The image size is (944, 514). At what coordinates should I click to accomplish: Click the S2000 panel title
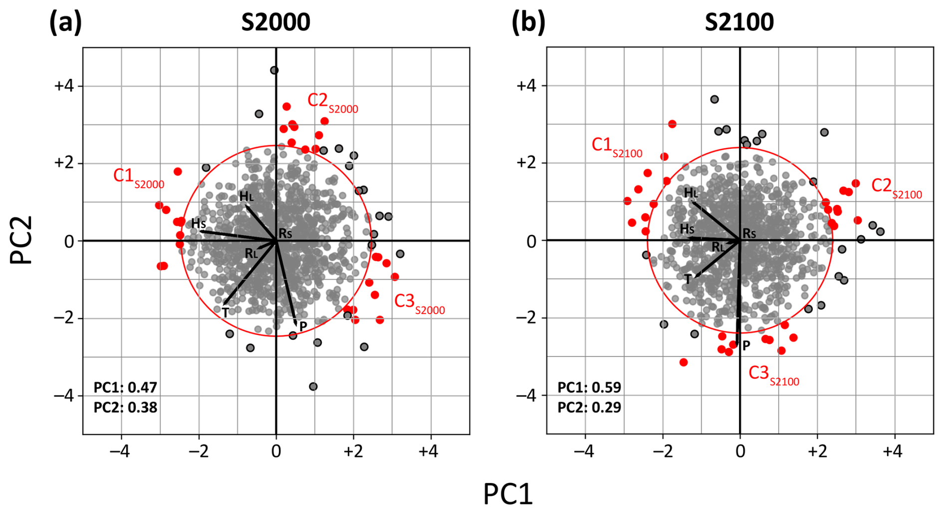(x=275, y=22)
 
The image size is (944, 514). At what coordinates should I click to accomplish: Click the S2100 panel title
(x=739, y=22)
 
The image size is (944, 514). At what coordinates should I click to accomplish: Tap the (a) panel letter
(x=65, y=22)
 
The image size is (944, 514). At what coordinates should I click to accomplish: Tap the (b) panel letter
(x=528, y=22)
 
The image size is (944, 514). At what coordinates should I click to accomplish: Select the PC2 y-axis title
(x=21, y=240)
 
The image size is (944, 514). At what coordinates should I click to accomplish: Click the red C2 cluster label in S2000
(x=332, y=102)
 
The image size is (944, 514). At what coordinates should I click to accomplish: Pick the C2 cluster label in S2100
(x=896, y=188)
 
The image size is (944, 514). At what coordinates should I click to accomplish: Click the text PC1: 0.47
(x=125, y=388)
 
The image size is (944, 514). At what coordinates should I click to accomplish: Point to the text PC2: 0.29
(x=589, y=408)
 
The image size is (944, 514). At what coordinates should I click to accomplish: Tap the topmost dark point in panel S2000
(x=274, y=70)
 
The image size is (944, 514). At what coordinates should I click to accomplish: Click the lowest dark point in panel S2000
(x=313, y=386)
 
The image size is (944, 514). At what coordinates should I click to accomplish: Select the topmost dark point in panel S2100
(x=714, y=99)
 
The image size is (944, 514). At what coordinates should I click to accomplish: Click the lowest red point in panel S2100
(x=684, y=362)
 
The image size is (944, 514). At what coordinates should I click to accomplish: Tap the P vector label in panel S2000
(x=303, y=327)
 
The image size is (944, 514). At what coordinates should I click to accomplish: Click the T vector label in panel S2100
(x=688, y=279)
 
